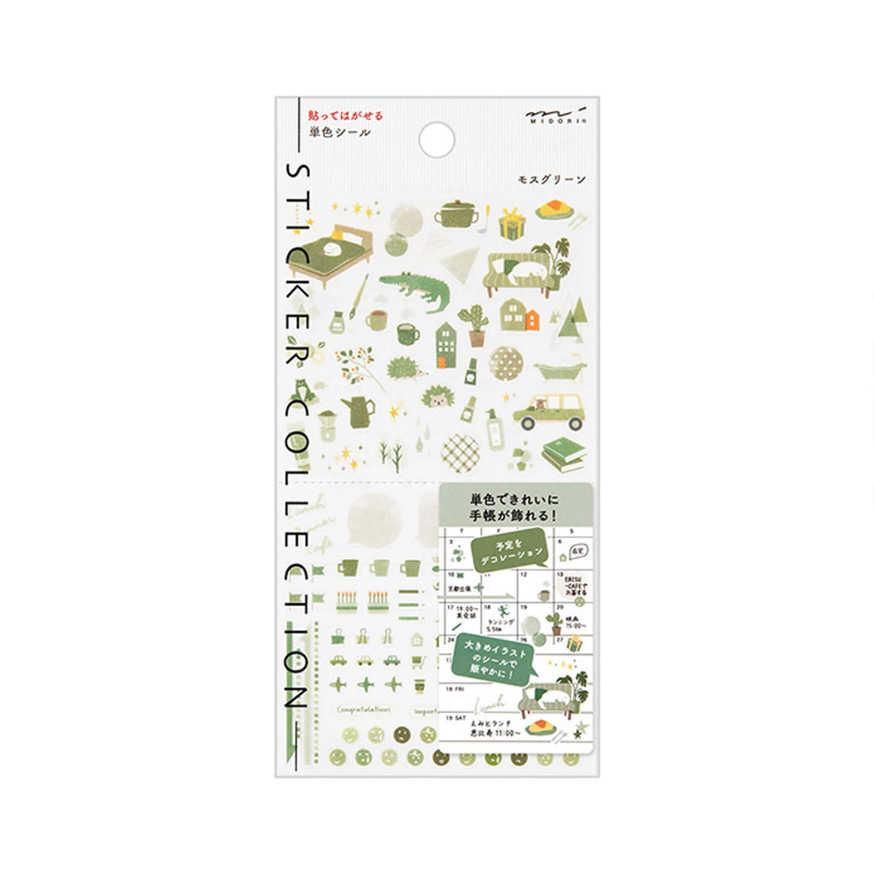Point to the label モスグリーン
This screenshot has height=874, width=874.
point(552,179)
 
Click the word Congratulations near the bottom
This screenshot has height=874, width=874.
point(364,709)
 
